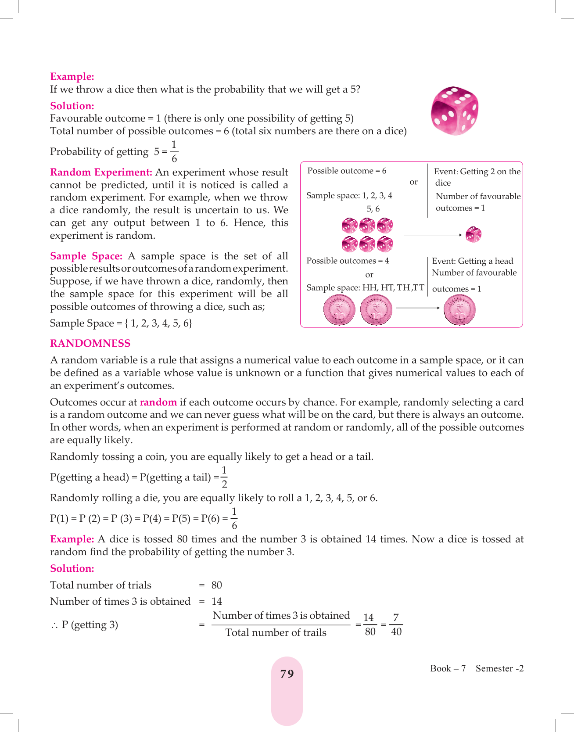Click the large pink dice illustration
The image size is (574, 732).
click(x=455, y=111)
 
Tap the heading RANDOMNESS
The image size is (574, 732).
click(x=90, y=344)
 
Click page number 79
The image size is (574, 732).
click(x=287, y=674)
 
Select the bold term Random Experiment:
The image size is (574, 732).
click(x=101, y=172)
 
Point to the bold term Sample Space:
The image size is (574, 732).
click(x=86, y=256)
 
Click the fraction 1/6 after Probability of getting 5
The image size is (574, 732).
click(x=174, y=151)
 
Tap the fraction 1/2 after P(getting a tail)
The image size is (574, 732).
click(x=224, y=477)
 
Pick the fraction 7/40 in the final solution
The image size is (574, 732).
click(x=396, y=624)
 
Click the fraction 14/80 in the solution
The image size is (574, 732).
click(x=369, y=624)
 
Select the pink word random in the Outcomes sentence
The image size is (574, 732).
click(x=158, y=402)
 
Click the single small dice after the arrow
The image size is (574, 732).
click(x=474, y=234)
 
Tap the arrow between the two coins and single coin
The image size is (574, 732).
click(x=418, y=308)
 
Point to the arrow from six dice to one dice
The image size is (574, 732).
click(x=433, y=235)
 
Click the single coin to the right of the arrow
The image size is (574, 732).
click(x=459, y=310)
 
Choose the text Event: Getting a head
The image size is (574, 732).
click(x=472, y=261)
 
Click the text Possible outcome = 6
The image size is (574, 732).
click(x=347, y=171)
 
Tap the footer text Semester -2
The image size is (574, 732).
click(x=499, y=668)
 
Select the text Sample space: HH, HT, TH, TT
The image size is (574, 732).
click(x=365, y=288)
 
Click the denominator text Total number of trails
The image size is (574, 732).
click(x=276, y=632)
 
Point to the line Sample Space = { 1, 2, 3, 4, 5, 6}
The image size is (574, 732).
click(x=121, y=323)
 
